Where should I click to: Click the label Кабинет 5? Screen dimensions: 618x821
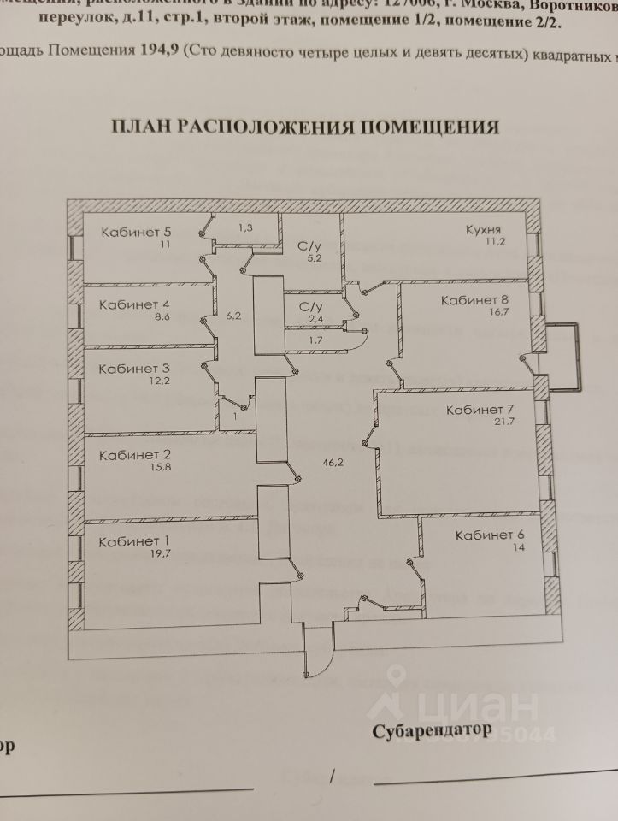pos(136,231)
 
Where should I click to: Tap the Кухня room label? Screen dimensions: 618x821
pos(483,230)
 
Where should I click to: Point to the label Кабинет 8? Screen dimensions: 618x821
pos(474,300)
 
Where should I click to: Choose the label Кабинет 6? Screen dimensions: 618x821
pos(491,536)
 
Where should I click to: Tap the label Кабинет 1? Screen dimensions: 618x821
pos(134,541)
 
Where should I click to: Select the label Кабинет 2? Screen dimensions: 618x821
pos(135,455)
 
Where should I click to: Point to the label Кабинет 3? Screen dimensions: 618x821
pos(134,369)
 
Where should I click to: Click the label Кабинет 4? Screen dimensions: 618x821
pos(134,304)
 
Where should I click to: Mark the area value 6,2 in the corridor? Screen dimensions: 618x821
pos(235,315)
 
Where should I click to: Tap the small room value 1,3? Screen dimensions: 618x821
pos(246,227)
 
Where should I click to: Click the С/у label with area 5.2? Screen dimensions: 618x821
pos(309,245)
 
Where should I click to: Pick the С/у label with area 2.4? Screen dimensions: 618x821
pos(310,306)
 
